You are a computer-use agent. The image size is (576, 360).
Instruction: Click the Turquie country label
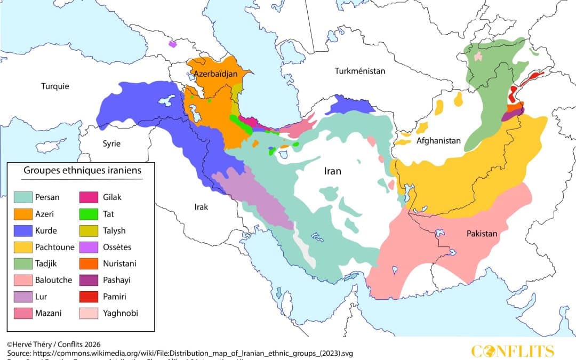[55, 86]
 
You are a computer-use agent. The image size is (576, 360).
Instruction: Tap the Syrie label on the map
[111, 143]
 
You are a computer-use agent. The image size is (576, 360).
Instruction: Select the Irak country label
[201, 206]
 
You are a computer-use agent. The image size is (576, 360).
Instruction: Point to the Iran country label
[333, 171]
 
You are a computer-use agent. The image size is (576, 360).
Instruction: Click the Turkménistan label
[359, 70]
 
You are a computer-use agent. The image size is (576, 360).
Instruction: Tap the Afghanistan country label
[438, 141]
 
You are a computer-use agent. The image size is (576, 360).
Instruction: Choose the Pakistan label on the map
[482, 233]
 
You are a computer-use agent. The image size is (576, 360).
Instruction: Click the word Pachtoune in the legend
[54, 247]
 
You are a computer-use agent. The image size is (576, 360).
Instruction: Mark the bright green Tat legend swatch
[90, 214]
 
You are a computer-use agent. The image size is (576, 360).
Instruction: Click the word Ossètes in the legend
[116, 247]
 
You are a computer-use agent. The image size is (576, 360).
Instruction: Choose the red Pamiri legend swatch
[90, 297]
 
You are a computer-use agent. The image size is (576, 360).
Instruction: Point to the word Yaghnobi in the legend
[120, 313]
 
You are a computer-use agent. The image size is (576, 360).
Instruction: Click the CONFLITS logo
[513, 350]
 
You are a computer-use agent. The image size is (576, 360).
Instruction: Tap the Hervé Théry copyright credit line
[53, 344]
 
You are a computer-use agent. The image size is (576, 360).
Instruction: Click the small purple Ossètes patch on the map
[172, 44]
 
